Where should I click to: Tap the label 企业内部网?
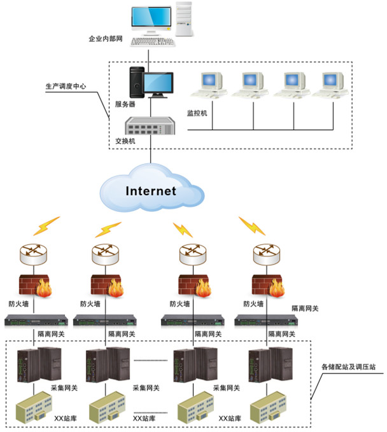tap(106, 39)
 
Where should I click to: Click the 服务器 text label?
tap(125, 104)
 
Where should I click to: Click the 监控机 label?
tap(197, 113)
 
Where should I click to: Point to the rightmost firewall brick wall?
tap(265, 284)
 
